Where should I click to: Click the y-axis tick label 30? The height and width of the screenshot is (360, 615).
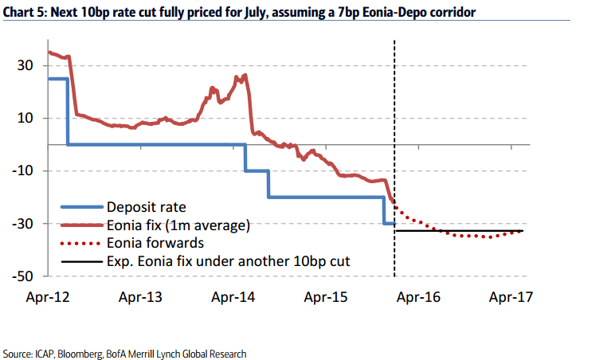(26, 66)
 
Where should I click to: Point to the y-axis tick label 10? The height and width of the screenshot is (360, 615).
(26, 119)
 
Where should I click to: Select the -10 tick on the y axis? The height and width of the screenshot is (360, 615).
(23, 171)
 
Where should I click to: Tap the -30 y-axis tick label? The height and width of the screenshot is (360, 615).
(23, 224)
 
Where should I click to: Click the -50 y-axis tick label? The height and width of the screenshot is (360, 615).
(23, 276)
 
